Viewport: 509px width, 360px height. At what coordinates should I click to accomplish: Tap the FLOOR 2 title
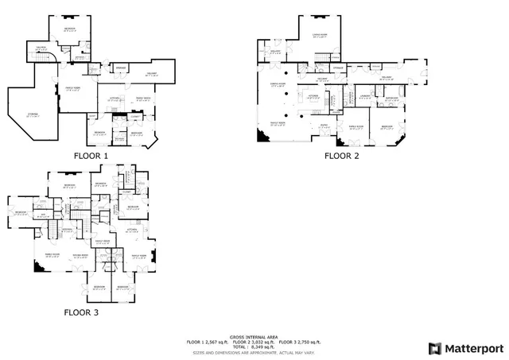tap(341, 156)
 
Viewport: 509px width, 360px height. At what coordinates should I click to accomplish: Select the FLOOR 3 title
tap(81, 312)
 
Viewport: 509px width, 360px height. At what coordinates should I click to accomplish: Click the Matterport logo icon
tap(433, 348)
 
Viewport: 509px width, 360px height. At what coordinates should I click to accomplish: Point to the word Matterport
tap(472, 348)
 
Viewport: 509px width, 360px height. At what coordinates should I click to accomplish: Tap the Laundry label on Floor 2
tap(365, 97)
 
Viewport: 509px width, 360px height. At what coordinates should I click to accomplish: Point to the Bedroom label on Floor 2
tap(387, 126)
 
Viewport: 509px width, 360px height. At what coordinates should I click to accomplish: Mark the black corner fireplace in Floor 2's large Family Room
tap(262, 137)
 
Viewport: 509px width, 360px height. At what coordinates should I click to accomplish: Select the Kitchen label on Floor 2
tap(313, 97)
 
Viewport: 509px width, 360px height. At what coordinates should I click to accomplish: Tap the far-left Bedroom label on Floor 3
tap(20, 212)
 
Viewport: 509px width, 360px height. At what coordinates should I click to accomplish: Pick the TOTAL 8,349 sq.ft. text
tap(252, 346)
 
